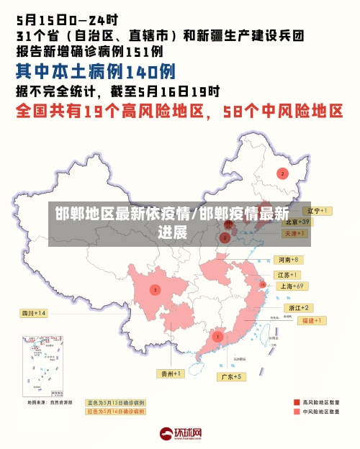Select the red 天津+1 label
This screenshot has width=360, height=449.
[x=295, y=233]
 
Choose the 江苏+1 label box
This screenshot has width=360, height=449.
[x=288, y=275]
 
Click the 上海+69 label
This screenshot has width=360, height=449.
[x=293, y=286]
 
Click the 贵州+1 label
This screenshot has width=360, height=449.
[x=171, y=373]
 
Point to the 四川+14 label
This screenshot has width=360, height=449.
[x=34, y=313]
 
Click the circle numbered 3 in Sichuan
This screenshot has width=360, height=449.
[x=155, y=289]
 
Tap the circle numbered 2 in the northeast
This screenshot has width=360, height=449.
[x=283, y=173]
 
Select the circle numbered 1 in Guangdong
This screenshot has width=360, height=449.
[x=217, y=336]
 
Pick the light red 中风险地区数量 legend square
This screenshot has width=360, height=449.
[x=296, y=412]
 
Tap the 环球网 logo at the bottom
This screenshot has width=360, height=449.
[x=181, y=433]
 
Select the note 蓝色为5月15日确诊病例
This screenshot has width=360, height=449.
[x=115, y=402]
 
